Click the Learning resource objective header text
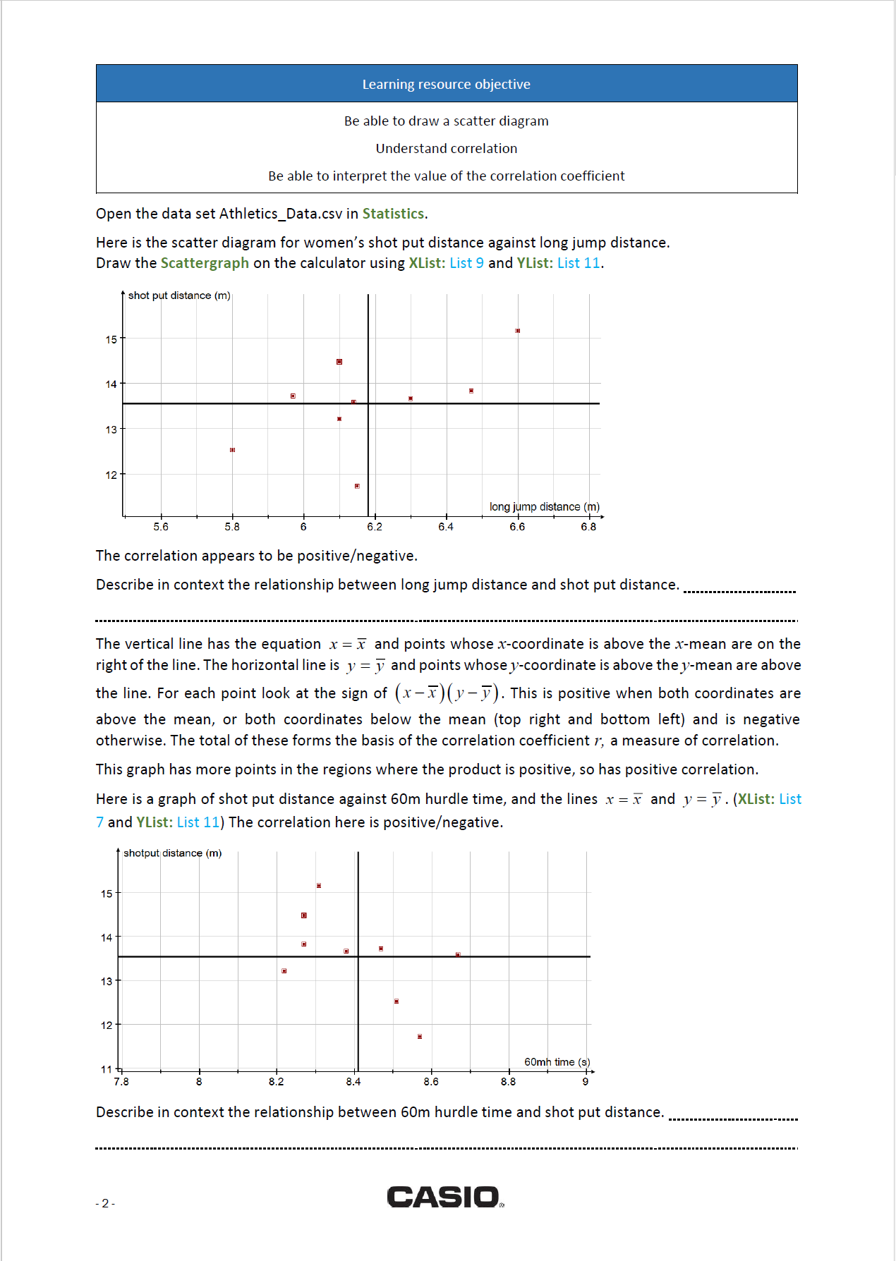(446, 84)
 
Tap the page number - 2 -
(105, 1203)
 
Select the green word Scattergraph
(205, 263)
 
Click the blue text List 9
(466, 263)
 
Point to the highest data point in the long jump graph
(517, 330)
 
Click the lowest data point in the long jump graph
(357, 486)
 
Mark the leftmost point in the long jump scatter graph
(232, 450)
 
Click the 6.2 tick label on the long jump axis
(375, 527)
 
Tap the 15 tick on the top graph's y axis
(111, 339)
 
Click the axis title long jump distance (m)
(544, 506)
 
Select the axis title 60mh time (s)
(557, 1061)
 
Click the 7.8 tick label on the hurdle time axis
(121, 1081)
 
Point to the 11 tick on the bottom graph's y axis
(107, 1068)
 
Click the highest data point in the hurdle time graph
(319, 885)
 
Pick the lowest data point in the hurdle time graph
(420, 1036)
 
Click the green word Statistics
(393, 214)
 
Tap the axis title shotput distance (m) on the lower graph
(172, 853)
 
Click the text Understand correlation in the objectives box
(446, 148)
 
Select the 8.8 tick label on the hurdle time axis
(508, 1081)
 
